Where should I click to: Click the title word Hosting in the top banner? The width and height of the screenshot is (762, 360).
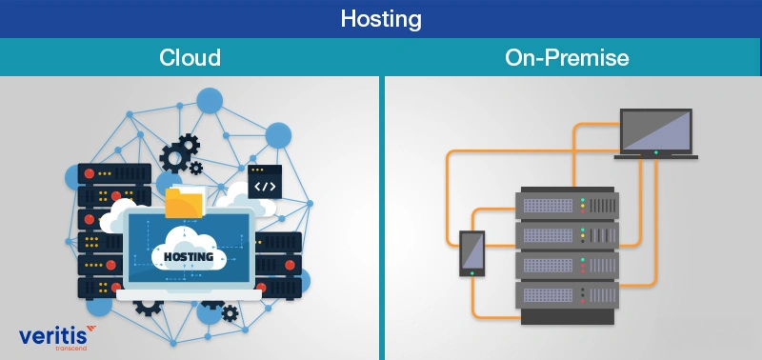(x=381, y=18)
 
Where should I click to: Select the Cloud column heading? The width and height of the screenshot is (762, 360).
(x=190, y=57)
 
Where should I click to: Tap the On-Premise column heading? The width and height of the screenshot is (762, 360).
(x=567, y=57)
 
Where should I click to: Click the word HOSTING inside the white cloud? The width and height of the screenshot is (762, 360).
(x=188, y=256)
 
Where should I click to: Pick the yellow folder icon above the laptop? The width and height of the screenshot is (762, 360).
(x=185, y=203)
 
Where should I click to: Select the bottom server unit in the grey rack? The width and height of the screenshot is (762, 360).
(x=568, y=293)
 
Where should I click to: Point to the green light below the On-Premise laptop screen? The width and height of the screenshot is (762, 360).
(x=655, y=152)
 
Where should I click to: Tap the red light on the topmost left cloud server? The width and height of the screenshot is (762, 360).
(x=91, y=174)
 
